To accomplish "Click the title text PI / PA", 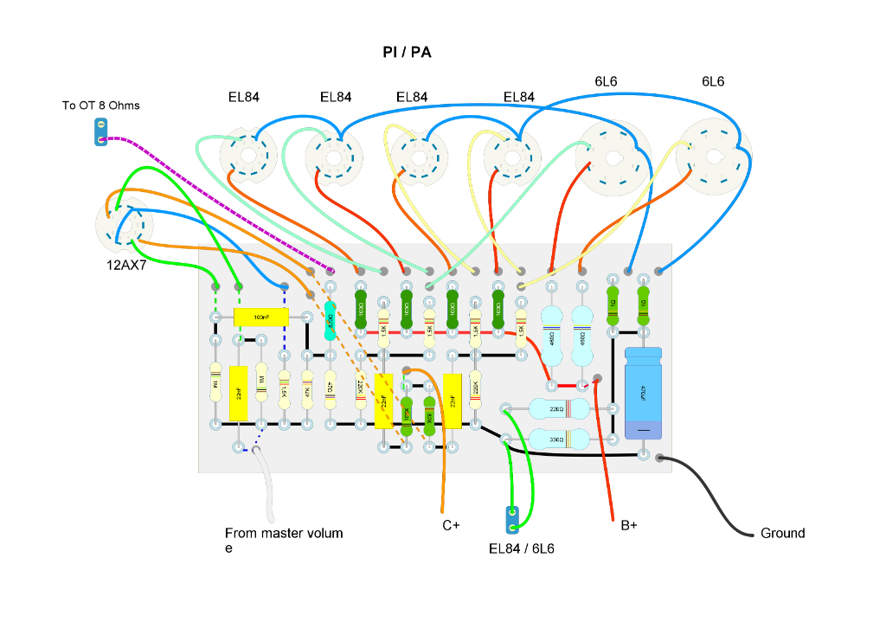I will tap(407, 53).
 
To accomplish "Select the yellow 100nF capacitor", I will tap(261, 317).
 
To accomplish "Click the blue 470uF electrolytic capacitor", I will tap(643, 394).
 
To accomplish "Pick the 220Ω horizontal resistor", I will tap(558, 408).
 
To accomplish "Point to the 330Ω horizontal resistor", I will tap(558, 439).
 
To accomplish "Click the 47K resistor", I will tap(306, 390).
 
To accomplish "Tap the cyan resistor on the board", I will tap(330, 319).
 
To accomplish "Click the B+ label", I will tap(629, 524).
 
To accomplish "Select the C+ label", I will tap(451, 525).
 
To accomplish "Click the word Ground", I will tap(782, 533).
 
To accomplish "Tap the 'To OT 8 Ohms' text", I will tap(100, 106).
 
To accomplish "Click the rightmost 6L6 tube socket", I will tap(711, 156).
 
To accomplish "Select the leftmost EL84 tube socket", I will tap(246, 156).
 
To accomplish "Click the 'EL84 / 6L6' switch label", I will tap(521, 548).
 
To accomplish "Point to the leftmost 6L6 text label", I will tap(606, 81).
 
